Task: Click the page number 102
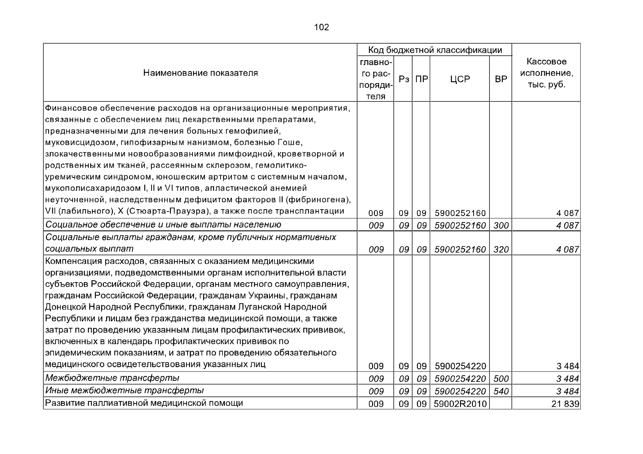(321, 27)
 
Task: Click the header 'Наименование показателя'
(200, 73)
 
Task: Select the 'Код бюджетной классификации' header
(435, 50)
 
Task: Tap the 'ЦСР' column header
(460, 79)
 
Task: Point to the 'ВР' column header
(501, 79)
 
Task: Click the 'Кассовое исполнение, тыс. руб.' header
(546, 73)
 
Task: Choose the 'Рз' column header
(404, 79)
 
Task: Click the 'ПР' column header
(421, 79)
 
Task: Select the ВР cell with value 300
(501, 226)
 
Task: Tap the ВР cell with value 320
(501, 250)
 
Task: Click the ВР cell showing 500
(501, 379)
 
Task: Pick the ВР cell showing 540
(501, 392)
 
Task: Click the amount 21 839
(565, 404)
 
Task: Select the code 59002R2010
(460, 404)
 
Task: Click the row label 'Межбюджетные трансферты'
(112, 378)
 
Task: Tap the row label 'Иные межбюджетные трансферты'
(124, 390)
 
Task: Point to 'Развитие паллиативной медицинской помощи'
(144, 403)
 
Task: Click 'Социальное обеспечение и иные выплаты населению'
(163, 225)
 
